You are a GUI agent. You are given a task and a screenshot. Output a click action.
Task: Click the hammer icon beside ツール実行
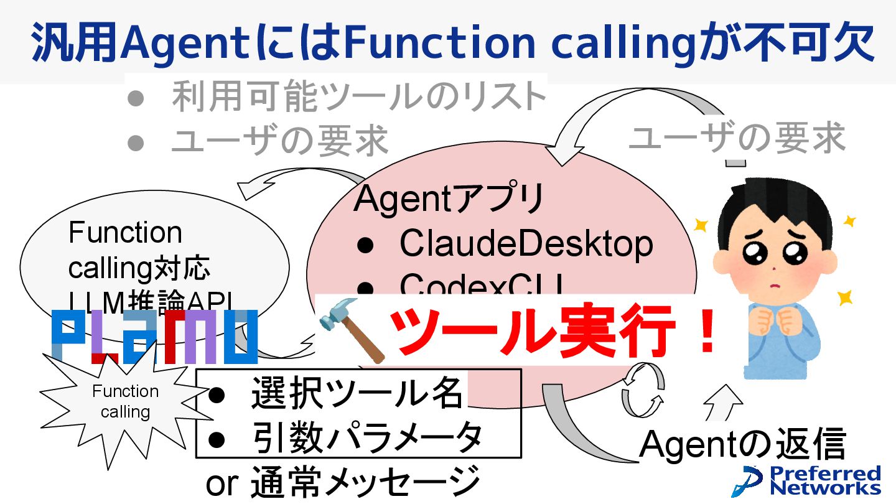click(352, 336)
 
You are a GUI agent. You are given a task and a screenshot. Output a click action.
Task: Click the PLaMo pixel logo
click(154, 337)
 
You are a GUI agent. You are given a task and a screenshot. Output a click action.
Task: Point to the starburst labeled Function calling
click(124, 401)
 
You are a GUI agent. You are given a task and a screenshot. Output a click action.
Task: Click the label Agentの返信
click(743, 445)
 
